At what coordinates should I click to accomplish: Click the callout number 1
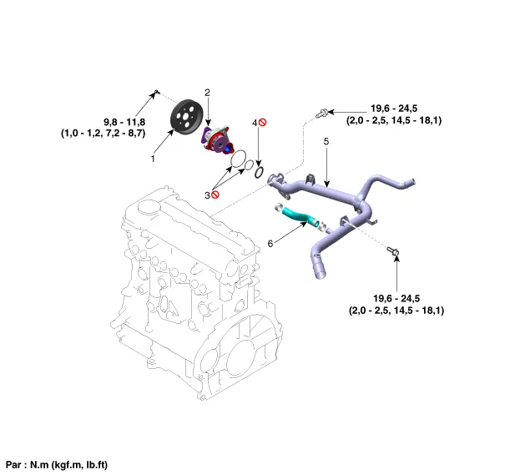[153, 157]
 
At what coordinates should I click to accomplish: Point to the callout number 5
[326, 142]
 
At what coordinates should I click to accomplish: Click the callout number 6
[270, 244]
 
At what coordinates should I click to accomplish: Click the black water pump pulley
[187, 117]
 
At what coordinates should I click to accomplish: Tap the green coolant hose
[296, 215]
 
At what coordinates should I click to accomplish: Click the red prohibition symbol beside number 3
[216, 195]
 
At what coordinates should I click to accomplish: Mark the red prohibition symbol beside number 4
[262, 123]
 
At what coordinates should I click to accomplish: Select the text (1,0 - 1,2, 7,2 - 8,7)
[103, 133]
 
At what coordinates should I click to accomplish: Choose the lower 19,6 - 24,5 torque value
[396, 298]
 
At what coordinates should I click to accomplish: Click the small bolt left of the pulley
[156, 92]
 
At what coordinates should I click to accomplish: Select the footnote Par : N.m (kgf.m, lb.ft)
[58, 464]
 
